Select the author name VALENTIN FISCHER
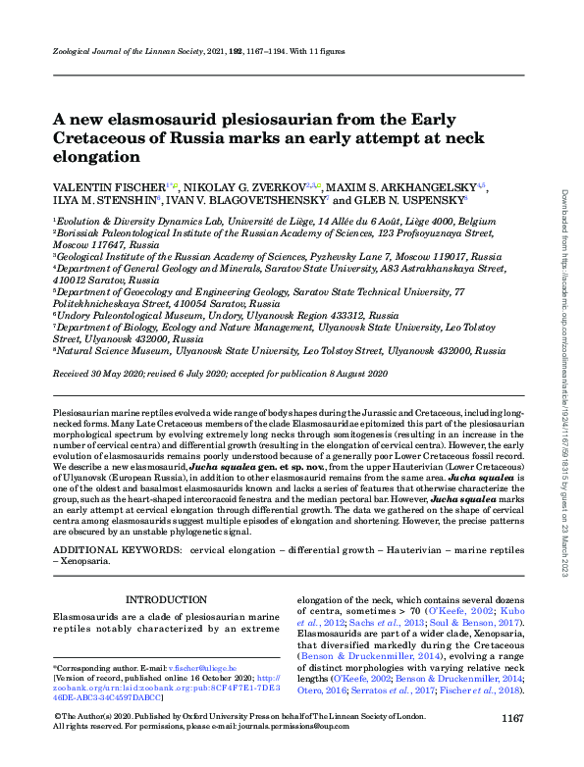109,186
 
